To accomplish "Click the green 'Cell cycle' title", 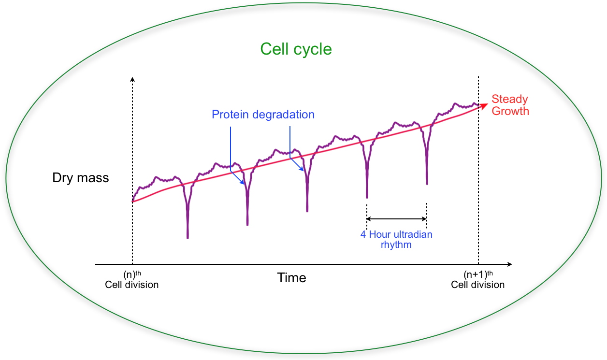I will pos(296,49).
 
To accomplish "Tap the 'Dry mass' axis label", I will pos(81,178).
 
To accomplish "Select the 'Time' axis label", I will pos(291,278).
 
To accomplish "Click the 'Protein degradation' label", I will pos(263,115).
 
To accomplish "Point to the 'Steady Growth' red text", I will pos(510,105).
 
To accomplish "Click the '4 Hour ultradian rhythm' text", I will pos(396,240).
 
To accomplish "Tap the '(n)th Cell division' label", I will pos(131,281).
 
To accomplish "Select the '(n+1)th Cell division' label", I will pos(477,281).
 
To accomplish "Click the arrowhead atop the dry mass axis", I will pos(132,78).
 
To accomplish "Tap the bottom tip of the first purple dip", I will pos(188,237).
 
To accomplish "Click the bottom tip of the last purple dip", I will pos(427,183).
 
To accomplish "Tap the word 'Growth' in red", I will pos(514,111).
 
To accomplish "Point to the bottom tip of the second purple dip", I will pos(247,224).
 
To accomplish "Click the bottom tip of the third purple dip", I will pos(307,211).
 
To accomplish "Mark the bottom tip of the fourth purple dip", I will pos(367,197).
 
